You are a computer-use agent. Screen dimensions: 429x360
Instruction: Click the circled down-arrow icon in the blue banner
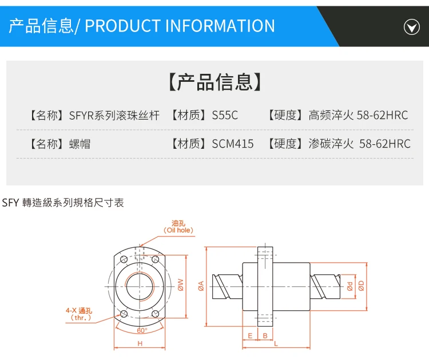[x=412, y=27]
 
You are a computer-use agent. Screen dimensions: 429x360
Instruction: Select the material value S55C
[x=225, y=115]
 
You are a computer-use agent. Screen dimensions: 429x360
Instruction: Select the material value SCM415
[x=233, y=144]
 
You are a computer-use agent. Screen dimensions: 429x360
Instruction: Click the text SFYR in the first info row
[x=81, y=115]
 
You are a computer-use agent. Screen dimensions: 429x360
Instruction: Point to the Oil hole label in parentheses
[x=178, y=230]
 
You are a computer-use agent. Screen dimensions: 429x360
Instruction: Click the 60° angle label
[x=142, y=330]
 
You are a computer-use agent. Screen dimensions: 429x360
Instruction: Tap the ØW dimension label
[x=180, y=284]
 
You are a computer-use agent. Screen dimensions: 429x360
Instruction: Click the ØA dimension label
[x=201, y=284]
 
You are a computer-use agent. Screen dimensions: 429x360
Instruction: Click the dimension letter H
[x=140, y=343]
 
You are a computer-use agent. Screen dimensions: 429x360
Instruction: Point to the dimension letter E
[x=251, y=335]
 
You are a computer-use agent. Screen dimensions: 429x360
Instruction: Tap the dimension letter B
[x=265, y=335]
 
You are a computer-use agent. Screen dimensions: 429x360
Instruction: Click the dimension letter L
[x=276, y=343]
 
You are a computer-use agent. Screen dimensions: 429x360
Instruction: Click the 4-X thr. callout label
[x=80, y=314]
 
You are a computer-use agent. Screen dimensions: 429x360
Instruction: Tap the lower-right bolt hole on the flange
[x=156, y=313]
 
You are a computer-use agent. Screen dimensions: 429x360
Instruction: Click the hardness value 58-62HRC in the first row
[x=382, y=115]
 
